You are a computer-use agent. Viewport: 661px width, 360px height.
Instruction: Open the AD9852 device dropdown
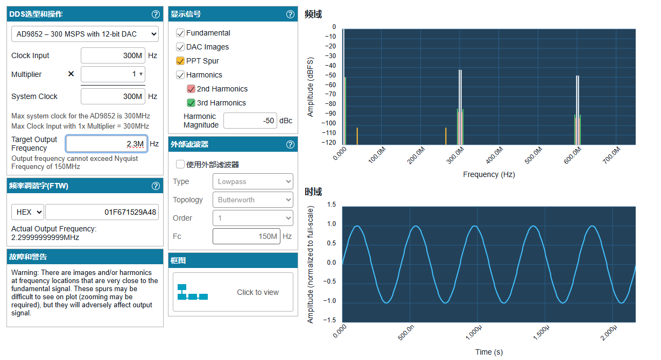pos(85,34)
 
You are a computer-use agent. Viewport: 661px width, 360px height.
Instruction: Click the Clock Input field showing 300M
pos(113,55)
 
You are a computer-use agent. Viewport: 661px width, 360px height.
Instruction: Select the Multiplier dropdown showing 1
pos(113,74)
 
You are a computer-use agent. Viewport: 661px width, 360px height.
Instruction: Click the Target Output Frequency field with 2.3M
pos(107,144)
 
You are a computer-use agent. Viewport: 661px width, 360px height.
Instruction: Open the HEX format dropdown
pos(28,212)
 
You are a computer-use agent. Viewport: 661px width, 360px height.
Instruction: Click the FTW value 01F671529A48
pos(102,212)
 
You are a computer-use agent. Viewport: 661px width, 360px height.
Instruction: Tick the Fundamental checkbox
pos(180,33)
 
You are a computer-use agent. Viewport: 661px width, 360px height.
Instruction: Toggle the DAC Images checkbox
pos(180,47)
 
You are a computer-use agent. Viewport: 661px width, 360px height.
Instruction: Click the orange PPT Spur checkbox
pos(180,61)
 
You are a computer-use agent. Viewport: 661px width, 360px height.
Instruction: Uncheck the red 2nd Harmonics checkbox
pos(191,89)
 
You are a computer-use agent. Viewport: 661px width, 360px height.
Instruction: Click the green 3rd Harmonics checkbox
pos(191,103)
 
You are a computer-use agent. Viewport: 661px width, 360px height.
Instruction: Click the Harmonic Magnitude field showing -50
pos(250,121)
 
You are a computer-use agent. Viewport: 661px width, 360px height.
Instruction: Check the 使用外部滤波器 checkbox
pos(180,164)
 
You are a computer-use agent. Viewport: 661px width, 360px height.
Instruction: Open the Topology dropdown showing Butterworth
pos(253,200)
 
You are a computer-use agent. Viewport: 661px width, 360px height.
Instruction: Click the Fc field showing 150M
pos(247,236)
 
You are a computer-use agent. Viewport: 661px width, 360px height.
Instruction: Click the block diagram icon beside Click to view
pos(193,292)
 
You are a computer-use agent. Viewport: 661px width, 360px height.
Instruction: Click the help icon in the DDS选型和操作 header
pos(156,14)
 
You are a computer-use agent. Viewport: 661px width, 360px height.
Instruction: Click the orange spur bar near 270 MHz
pos(446,136)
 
